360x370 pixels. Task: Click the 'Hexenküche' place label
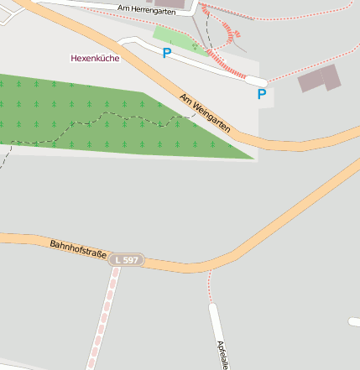pos(95,59)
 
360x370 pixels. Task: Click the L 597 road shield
pos(126,261)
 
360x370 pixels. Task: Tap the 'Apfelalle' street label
pos(222,354)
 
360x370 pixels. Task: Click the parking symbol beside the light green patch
pos(166,53)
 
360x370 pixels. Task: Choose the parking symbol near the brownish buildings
pos(261,94)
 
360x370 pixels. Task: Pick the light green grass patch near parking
pos(178,39)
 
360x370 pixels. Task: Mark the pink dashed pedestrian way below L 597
pos(102,319)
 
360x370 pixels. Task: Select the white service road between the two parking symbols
pos(210,65)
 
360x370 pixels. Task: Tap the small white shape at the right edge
pos(354,320)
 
